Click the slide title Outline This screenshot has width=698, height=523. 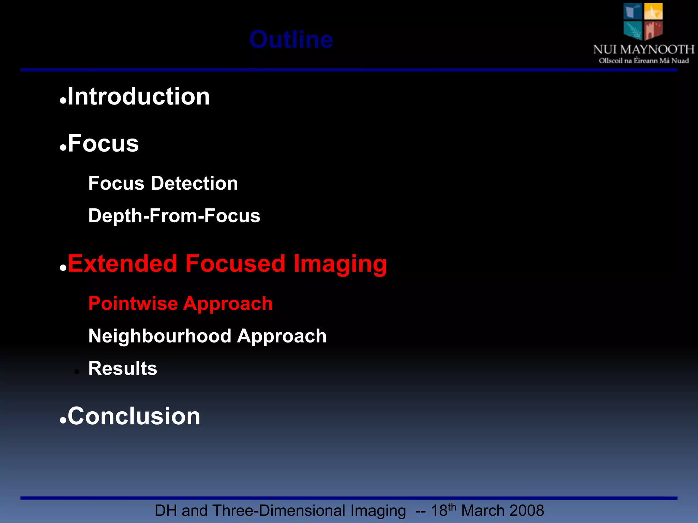[291, 39]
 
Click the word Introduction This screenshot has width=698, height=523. [139, 96]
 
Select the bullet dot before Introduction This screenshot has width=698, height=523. [63, 101]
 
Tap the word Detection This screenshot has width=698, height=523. [194, 183]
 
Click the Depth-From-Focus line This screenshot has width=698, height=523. [174, 216]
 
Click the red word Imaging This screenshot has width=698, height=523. [340, 264]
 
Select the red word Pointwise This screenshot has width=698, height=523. [133, 303]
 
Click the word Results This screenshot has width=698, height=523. [123, 368]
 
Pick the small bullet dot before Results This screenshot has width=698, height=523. [77, 372]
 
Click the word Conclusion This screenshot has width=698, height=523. [134, 416]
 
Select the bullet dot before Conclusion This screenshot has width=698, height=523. [63, 421]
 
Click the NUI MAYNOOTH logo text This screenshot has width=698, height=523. [643, 50]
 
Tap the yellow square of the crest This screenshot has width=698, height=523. [653, 11]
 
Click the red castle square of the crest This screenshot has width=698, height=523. [653, 30]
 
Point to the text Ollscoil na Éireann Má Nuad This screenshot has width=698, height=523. [643, 61]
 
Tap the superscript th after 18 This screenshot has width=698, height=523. [452, 507]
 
